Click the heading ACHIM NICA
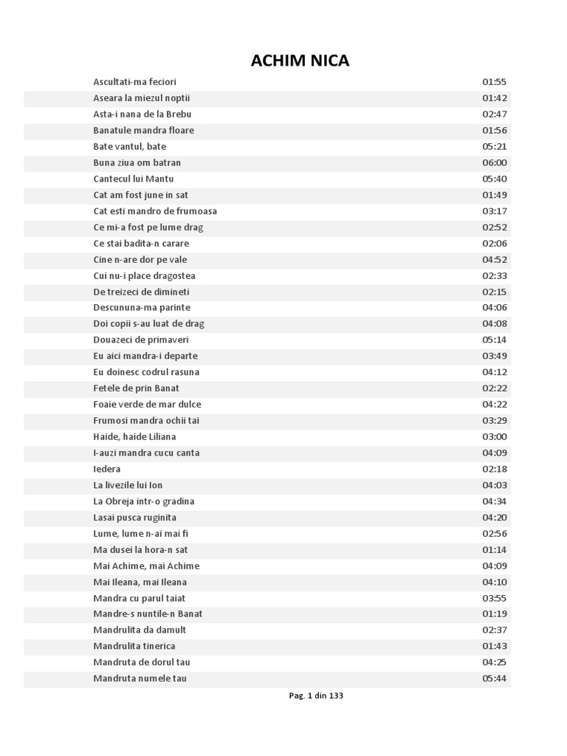(300, 61)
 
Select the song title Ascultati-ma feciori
(135, 82)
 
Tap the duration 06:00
(495, 162)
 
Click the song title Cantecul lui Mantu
(134, 179)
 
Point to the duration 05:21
(495, 146)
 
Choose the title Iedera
(107, 469)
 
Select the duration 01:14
(495, 550)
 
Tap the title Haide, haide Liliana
(135, 436)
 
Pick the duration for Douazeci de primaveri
(495, 340)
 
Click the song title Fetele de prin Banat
(137, 388)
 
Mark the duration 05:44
(495, 678)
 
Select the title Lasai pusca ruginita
(135, 518)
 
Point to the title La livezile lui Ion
(128, 485)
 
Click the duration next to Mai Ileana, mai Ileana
(495, 582)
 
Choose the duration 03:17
(495, 211)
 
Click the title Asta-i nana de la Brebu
(142, 114)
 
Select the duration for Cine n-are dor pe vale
(495, 259)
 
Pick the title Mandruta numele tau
(140, 678)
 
